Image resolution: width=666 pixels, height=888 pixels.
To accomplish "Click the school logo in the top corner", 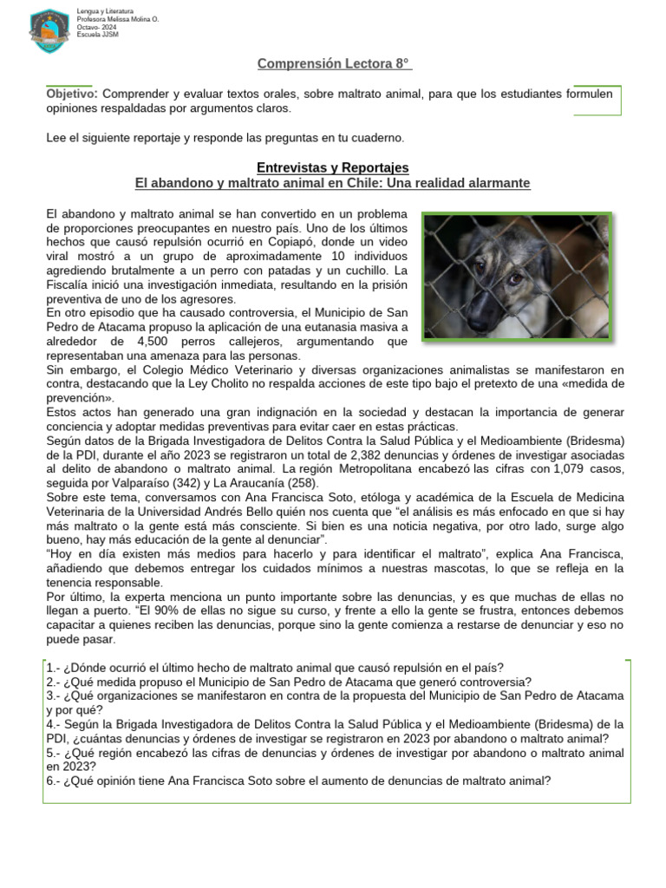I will coord(49,30).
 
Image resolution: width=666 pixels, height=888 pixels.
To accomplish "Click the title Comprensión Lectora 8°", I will coord(333,64).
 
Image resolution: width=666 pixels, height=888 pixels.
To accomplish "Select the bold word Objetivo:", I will coord(72,94).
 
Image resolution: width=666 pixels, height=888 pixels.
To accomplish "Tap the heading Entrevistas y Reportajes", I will coord(333,167).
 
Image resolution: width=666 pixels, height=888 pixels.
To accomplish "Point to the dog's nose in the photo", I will coord(479,323).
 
